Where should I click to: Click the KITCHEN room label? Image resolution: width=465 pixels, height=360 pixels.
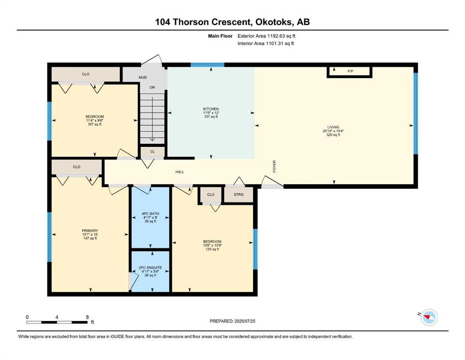pos(211,109)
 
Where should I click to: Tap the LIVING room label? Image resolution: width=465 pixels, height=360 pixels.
pos(333,127)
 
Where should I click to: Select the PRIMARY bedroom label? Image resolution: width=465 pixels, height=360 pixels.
pos(90,231)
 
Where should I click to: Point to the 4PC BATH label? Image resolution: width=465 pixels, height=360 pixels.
pos(150,213)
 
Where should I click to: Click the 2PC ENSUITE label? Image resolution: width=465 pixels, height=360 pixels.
pos(150,267)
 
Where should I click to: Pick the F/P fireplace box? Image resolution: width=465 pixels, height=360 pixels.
pos(349,72)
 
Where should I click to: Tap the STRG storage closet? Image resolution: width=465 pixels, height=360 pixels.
pos(238,195)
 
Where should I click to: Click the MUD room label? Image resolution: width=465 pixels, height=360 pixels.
pos(143,77)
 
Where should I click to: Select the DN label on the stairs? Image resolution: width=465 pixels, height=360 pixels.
pos(152,87)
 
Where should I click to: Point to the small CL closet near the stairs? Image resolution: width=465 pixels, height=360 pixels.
pos(153,152)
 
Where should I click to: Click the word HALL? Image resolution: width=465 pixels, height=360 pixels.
pos(180,172)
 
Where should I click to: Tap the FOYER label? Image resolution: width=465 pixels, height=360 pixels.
pos(274,166)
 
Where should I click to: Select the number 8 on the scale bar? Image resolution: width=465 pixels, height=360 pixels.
pos(87,317)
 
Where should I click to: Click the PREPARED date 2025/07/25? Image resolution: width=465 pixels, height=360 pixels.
pos(245,321)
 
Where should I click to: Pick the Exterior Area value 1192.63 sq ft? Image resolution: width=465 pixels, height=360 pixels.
pos(281,36)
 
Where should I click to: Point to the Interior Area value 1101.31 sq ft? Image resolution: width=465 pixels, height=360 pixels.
pos(280,43)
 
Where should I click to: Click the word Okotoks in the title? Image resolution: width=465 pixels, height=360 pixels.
pos(273,22)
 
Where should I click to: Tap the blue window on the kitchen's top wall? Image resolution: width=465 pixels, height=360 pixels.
pos(207,65)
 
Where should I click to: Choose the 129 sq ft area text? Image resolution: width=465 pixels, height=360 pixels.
pos(212,249)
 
